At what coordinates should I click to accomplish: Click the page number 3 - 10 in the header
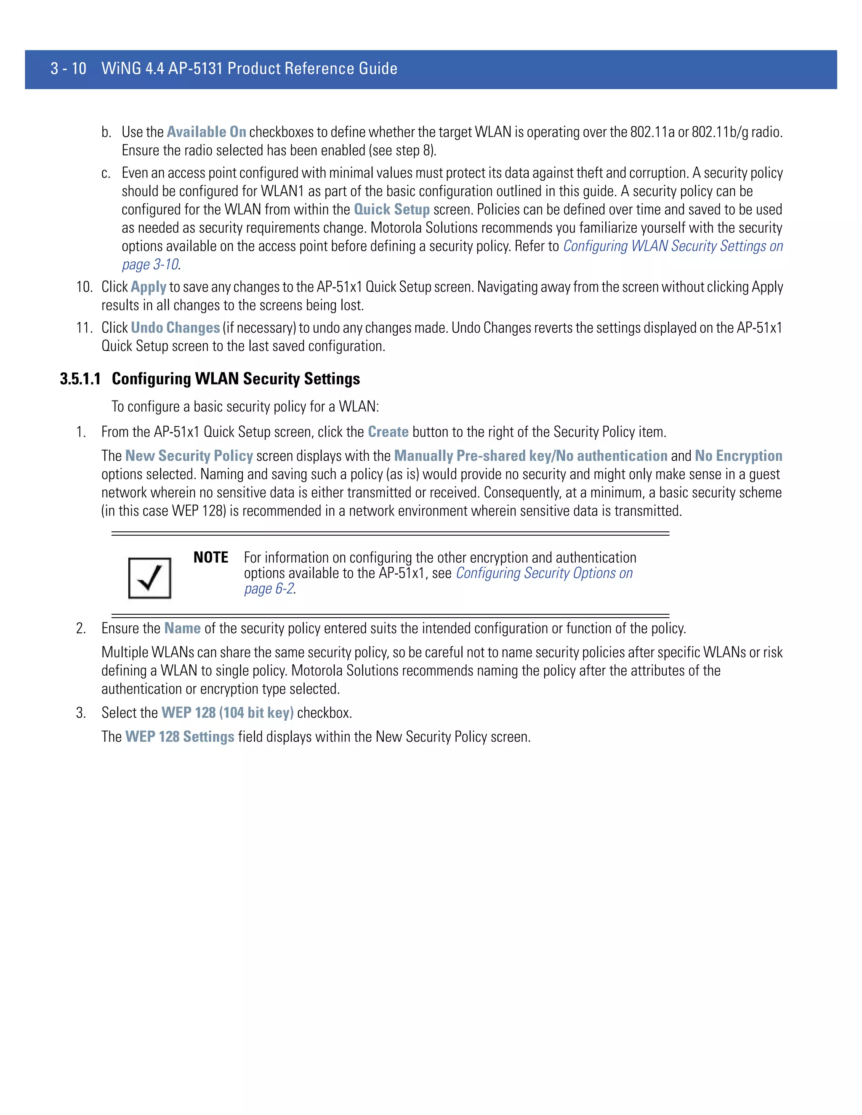click(69, 69)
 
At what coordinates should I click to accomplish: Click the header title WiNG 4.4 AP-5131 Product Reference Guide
click(249, 69)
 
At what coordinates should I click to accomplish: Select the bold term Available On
click(206, 132)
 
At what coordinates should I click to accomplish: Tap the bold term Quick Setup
click(392, 210)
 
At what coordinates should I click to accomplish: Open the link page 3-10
click(150, 265)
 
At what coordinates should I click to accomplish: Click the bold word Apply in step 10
click(148, 287)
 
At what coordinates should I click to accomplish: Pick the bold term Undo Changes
click(175, 328)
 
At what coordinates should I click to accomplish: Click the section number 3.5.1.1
click(80, 379)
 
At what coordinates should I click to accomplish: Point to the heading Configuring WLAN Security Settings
click(236, 379)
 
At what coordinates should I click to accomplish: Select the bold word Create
click(388, 432)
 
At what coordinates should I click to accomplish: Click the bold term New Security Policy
click(189, 456)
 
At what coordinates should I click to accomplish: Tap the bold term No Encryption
click(738, 456)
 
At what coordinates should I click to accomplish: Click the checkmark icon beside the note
click(149, 578)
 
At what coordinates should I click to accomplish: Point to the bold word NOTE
click(211, 557)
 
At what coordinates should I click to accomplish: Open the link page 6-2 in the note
click(269, 589)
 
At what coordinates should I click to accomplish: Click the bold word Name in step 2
click(182, 629)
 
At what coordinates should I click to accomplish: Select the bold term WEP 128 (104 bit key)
click(227, 713)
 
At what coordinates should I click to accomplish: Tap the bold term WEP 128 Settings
click(180, 737)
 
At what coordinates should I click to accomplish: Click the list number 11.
click(84, 328)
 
